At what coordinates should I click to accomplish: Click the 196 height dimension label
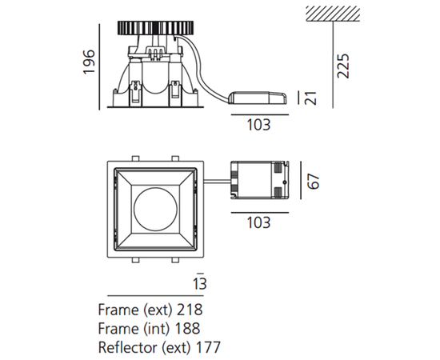click(90, 62)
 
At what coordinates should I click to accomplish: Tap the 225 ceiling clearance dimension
click(343, 66)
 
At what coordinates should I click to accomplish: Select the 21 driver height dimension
click(311, 98)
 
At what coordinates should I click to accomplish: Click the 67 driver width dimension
click(314, 182)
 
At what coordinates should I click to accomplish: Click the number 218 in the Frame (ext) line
click(190, 310)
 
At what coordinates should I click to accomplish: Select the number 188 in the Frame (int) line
click(187, 328)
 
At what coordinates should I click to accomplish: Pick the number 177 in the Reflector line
click(208, 347)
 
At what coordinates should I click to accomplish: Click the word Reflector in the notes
click(128, 347)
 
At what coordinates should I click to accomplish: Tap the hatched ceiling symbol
click(333, 14)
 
